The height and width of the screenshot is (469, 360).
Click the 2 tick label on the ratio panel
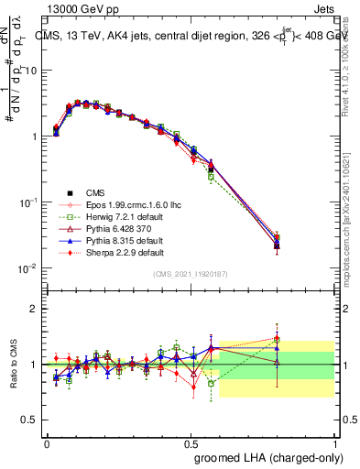(34, 309)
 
